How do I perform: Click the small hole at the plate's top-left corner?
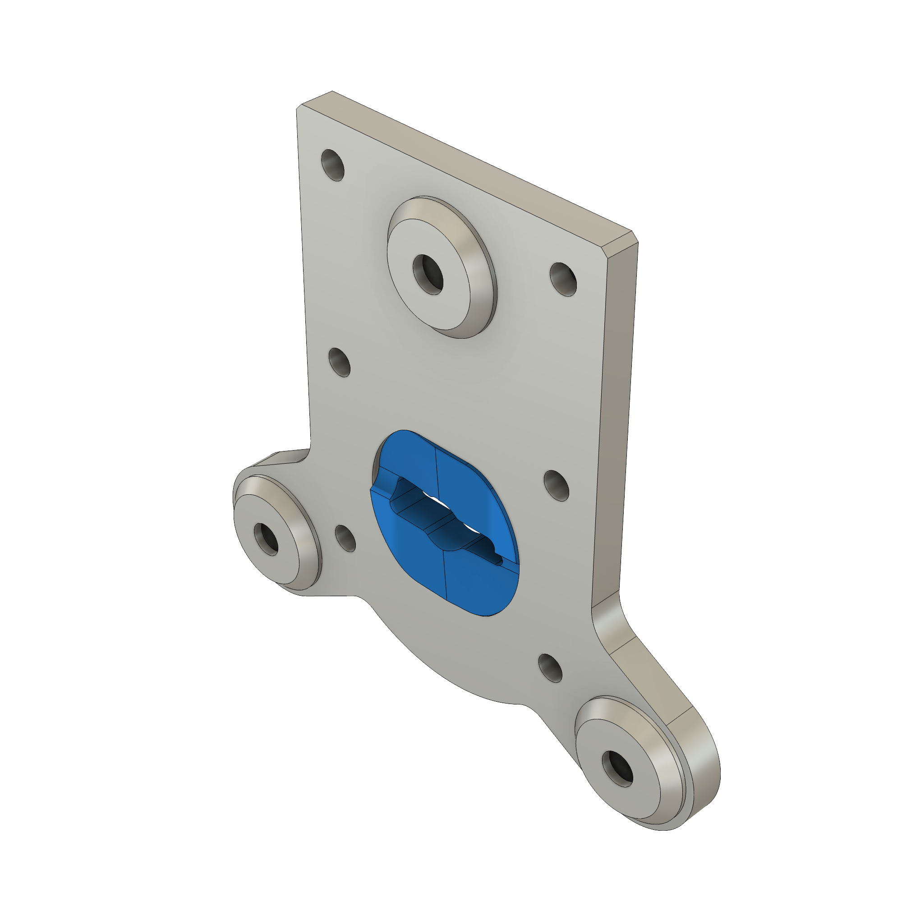(333, 165)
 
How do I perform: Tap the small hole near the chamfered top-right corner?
(563, 279)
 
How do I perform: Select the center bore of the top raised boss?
(428, 275)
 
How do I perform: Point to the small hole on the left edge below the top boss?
(340, 362)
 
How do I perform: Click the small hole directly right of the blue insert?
(557, 486)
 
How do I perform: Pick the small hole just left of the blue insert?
(345, 538)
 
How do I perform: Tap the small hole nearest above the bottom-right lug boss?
(550, 668)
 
